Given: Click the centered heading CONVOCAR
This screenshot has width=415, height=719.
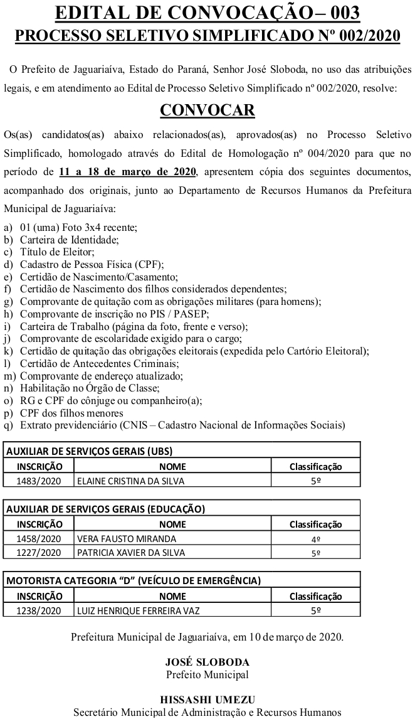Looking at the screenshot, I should (207, 110).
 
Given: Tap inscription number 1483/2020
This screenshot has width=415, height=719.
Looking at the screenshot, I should (39, 481).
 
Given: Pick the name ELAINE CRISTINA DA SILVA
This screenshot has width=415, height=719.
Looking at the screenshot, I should (131, 481).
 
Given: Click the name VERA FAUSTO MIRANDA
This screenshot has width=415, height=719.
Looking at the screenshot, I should (126, 538).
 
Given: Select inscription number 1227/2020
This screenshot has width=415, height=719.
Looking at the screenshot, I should (39, 553).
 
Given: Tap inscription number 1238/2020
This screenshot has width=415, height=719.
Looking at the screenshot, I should (39, 610).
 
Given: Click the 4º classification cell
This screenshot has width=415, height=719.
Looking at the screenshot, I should (316, 538).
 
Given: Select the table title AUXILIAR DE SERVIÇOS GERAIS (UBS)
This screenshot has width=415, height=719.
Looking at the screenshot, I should (90, 451).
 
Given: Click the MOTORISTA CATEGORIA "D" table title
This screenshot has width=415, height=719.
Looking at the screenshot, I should (134, 580).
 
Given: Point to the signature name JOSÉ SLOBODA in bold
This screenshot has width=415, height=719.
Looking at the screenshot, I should (207, 662).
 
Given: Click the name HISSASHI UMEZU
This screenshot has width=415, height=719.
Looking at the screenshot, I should (207, 700).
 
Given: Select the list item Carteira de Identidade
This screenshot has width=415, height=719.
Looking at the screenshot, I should (69, 240).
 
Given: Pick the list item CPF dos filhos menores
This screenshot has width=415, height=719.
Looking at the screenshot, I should (71, 413).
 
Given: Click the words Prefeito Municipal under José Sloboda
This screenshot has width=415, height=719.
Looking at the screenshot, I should (207, 674).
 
